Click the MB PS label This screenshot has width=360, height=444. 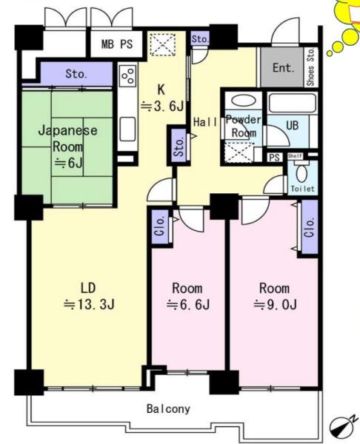pos(117,44)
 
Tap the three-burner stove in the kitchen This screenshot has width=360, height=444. pos(128,75)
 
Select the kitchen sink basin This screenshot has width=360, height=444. pos(127,129)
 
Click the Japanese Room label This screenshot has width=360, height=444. pos(67,139)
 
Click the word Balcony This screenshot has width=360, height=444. pos(168,409)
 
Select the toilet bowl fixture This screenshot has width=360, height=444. pos(301,173)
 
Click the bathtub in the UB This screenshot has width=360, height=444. pos(293,104)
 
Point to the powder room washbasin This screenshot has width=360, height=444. pos(243,101)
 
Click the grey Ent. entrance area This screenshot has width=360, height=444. pos(282,67)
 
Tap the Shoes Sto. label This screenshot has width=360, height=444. pos(310,67)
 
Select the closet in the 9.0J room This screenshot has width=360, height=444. pos(310,227)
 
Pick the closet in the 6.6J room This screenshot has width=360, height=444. pos(160,227)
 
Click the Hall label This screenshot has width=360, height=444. pos(205,122)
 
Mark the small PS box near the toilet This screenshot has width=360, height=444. pos(274,158)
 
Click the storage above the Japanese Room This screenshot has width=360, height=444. pos(76,74)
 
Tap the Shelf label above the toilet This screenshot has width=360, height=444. pos(296,156)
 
